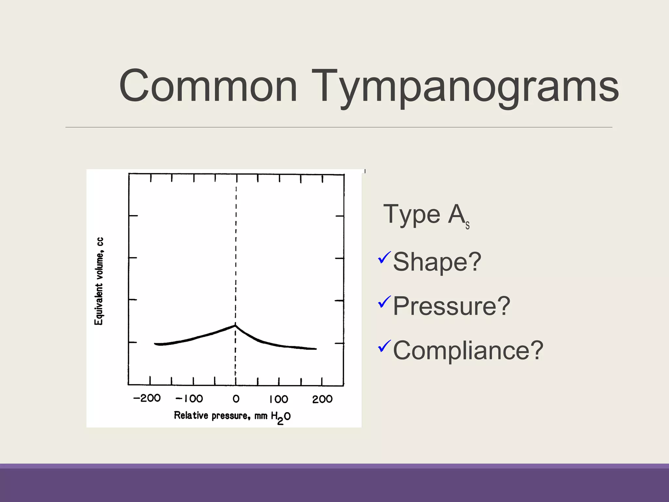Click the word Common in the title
point(208,87)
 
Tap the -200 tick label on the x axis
point(147,398)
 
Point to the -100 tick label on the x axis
point(189,398)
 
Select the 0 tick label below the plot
point(236,399)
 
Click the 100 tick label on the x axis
point(279,399)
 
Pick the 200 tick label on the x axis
point(322,399)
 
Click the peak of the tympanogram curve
point(235,325)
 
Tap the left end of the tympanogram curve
point(155,343)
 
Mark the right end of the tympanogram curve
point(315,349)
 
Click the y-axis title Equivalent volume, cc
point(99,281)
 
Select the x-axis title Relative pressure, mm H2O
point(232,416)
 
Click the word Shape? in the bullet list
point(437,262)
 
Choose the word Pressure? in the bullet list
point(451,306)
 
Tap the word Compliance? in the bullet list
point(468,350)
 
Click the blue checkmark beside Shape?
point(384,258)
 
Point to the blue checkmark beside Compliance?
point(384,346)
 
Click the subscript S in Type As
point(467,226)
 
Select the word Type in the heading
point(412,214)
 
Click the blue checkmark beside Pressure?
point(384,302)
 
